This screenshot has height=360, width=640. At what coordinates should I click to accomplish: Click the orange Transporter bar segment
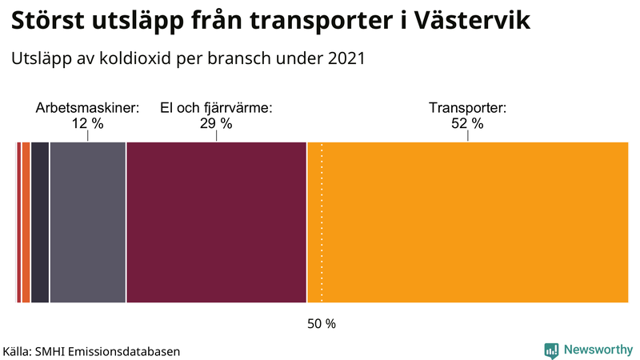472,222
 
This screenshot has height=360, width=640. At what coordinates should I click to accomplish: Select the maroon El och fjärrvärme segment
216,222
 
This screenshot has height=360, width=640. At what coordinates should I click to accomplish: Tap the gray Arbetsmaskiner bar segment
87,222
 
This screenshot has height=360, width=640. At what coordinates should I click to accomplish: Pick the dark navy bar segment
39,222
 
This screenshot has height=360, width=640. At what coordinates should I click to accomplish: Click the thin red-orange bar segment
26,222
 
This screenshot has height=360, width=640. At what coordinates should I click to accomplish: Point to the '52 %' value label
467,123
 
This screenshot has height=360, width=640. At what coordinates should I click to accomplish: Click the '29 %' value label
216,123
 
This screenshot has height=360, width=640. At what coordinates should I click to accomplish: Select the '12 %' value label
87,123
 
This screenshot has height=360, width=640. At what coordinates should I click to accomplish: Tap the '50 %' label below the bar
322,324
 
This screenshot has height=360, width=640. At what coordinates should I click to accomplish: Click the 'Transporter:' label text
467,108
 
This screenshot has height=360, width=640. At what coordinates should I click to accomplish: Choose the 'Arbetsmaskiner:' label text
87,108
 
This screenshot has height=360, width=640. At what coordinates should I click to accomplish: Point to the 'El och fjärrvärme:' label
216,108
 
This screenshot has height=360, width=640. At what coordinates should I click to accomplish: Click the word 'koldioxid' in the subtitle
139,58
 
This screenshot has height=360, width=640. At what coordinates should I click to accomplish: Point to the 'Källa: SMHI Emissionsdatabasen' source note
91,351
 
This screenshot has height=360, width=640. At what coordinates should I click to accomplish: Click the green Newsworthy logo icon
551,350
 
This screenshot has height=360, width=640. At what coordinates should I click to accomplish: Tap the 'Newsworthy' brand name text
598,350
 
